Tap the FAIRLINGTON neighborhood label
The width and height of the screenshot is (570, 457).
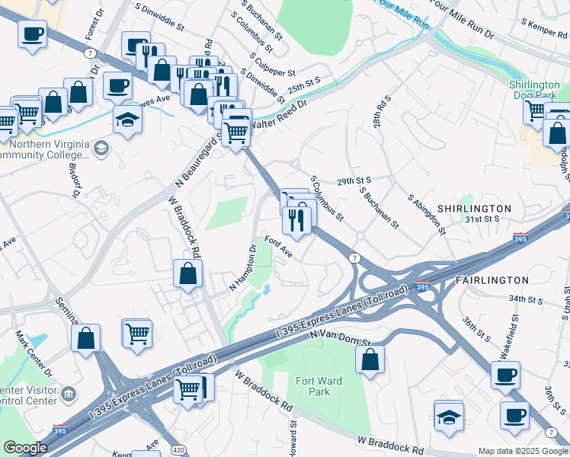click(492, 280)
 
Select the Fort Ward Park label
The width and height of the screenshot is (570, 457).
click(319, 386)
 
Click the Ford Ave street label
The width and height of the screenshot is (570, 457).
click(278, 246)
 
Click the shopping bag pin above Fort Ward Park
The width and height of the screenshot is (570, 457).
click(370, 360)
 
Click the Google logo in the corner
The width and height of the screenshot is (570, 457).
click(25, 448)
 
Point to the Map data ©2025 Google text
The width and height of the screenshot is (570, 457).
click(523, 451)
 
